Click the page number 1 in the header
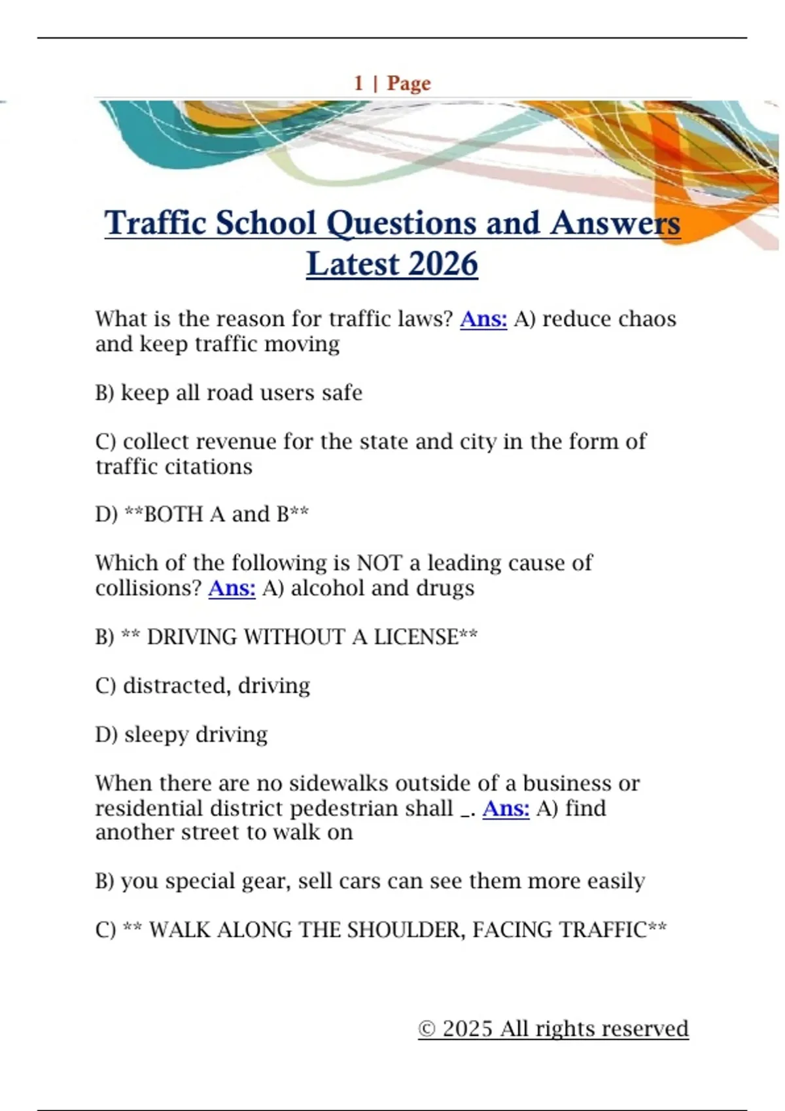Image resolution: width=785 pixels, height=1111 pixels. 358,84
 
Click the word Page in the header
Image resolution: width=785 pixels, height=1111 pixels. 409,84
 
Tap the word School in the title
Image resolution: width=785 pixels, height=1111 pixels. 266,224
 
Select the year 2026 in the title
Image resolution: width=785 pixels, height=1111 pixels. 444,265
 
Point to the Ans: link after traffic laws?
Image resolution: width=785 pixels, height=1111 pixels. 483,319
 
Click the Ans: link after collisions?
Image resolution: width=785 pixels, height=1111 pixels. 232,588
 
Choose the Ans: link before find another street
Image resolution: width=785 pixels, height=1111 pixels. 506,808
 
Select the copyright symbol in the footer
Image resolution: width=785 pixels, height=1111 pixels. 427,1029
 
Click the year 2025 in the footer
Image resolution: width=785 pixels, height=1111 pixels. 467,1029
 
